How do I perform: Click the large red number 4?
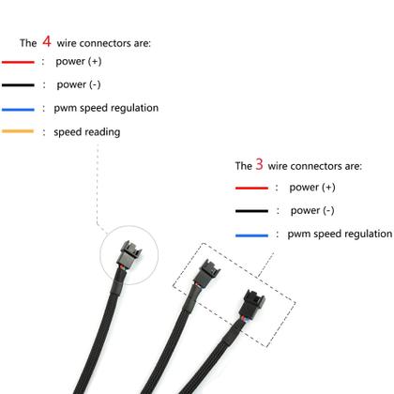point(47,41)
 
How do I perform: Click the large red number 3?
point(260,164)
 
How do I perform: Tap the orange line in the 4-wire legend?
point(18,132)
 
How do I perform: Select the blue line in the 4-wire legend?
point(18,109)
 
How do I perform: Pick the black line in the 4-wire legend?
point(18,85)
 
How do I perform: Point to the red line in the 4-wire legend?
point(18,63)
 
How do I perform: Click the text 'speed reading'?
point(87,132)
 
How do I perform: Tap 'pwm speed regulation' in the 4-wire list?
point(106,108)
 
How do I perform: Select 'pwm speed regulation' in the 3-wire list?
point(340,234)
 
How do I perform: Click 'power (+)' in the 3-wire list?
point(312,188)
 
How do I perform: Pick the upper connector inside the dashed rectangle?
point(206,274)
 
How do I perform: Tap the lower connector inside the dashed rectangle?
point(250,307)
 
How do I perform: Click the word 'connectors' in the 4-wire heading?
point(116,43)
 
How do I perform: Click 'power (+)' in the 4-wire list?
point(79,62)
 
